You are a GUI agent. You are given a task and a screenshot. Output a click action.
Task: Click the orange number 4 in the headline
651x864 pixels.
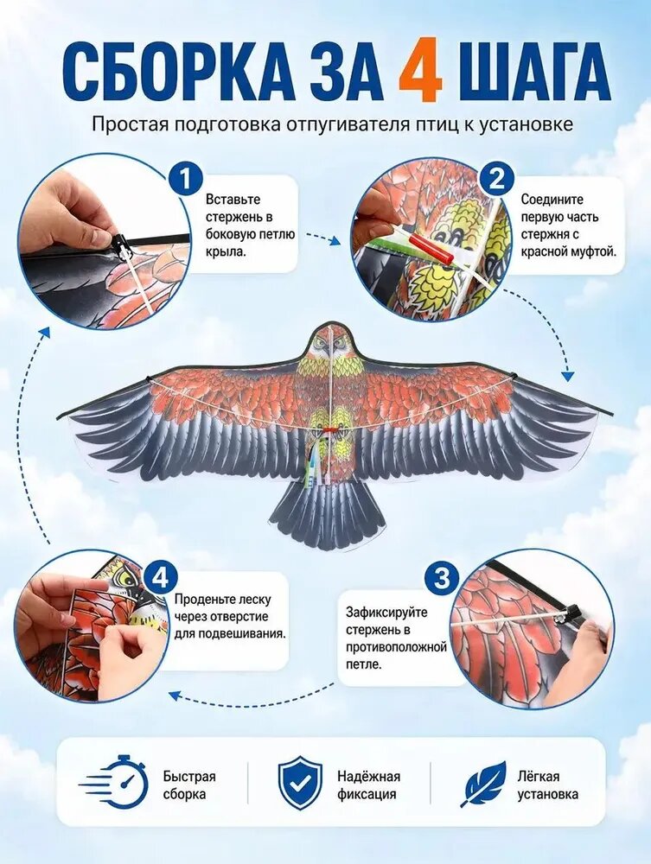pyautogui.click(x=420, y=72)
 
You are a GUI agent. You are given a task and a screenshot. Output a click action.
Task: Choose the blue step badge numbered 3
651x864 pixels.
pyautogui.click(x=443, y=579)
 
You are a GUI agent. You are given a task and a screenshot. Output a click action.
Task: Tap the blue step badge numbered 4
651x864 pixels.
pyautogui.click(x=161, y=579)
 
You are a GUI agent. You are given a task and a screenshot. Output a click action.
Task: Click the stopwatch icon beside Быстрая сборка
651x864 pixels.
pyautogui.click(x=115, y=784)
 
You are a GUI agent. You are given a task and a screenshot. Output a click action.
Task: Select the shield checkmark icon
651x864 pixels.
pyautogui.click(x=299, y=783)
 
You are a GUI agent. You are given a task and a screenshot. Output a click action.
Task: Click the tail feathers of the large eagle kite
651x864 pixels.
pyautogui.click(x=327, y=518)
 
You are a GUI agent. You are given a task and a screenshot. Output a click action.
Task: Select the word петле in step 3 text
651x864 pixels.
pyautogui.click(x=363, y=664)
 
